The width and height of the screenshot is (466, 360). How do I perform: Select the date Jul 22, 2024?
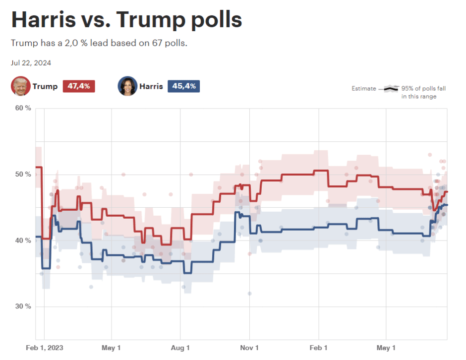click(31, 63)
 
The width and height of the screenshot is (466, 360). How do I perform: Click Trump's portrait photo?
click(20, 86)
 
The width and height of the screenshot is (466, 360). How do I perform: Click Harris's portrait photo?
click(127, 86)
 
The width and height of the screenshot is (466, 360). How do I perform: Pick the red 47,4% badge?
click(78, 86)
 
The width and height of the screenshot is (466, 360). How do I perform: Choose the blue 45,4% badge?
click(183, 86)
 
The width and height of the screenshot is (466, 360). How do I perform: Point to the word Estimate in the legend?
click(364, 89)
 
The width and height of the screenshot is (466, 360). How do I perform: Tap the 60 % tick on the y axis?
click(23, 108)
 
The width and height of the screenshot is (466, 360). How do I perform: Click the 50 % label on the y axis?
click(23, 175)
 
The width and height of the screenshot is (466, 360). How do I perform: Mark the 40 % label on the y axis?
click(23, 240)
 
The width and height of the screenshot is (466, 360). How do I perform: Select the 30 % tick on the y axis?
click(23, 306)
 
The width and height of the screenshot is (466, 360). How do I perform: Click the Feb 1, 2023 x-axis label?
click(45, 348)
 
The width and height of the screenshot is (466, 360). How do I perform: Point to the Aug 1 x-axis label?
click(180, 348)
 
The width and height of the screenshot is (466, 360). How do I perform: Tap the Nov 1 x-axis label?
click(249, 348)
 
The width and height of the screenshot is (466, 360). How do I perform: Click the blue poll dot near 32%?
click(249, 294)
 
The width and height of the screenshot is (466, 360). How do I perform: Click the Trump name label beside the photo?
click(45, 86)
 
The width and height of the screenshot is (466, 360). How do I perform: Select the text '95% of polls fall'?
click(424, 89)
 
